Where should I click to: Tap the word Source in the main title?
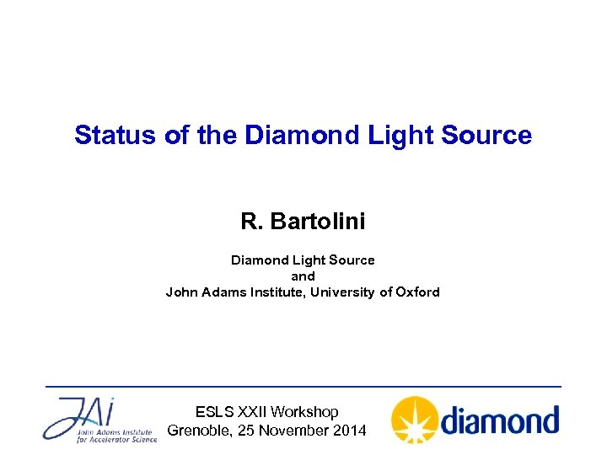492,135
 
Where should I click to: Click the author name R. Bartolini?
303,222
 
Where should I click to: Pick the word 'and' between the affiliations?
303,276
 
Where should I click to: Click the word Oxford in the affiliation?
416,292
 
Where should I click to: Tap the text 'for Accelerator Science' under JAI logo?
116,439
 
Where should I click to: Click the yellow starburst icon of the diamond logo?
415,420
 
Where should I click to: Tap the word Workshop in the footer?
306,412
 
